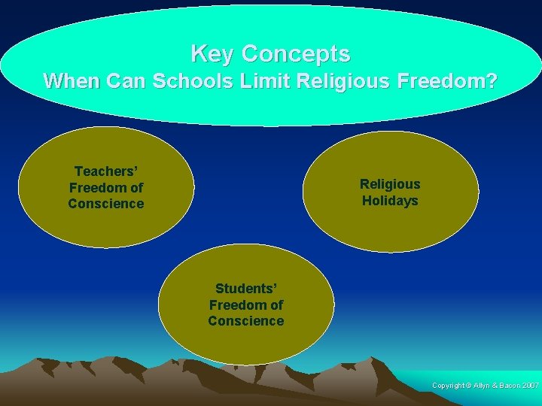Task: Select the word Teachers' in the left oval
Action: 105,171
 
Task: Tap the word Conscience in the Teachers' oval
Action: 105,204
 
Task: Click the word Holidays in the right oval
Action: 390,201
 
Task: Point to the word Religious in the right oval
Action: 390,184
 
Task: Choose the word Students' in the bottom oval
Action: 246,289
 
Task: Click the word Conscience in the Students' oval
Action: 246,321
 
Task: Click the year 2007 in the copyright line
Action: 529,386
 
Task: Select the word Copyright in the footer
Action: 449,386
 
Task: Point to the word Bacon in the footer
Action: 507,386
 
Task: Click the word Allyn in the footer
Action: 483,386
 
